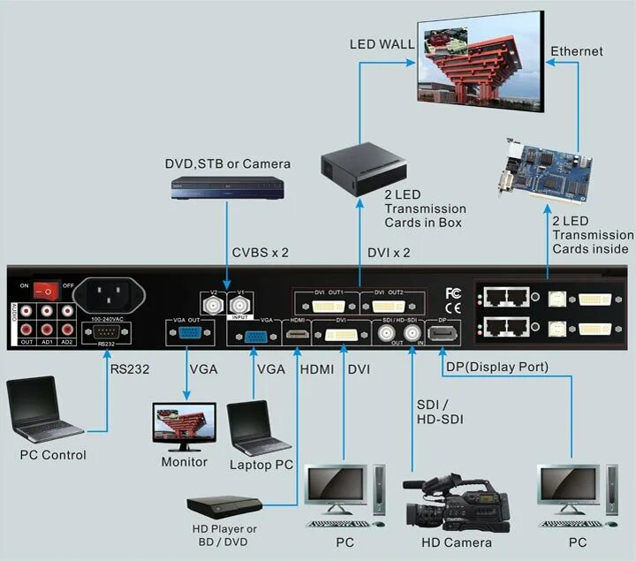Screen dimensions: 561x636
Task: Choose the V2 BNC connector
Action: click(212, 306)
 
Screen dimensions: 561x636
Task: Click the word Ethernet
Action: click(577, 51)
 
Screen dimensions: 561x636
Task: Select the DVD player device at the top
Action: click(227, 188)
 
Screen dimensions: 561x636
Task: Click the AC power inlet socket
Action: click(110, 292)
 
